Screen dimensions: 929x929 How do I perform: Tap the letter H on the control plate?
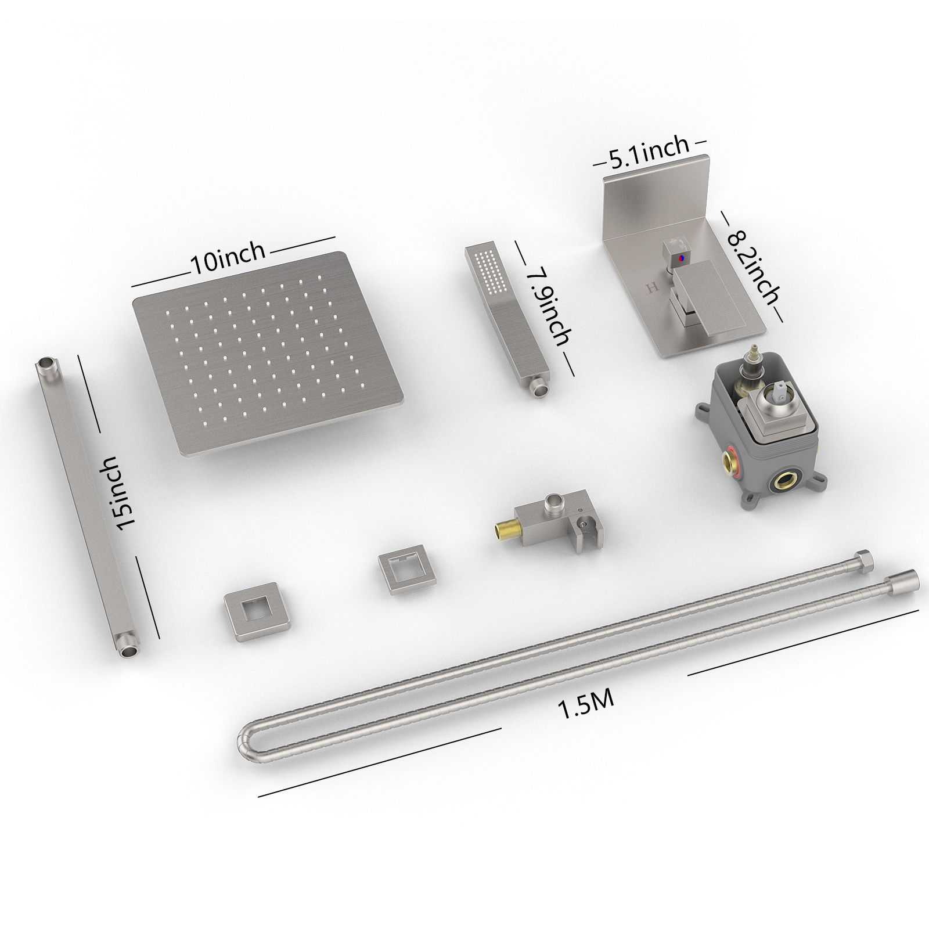651,287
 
